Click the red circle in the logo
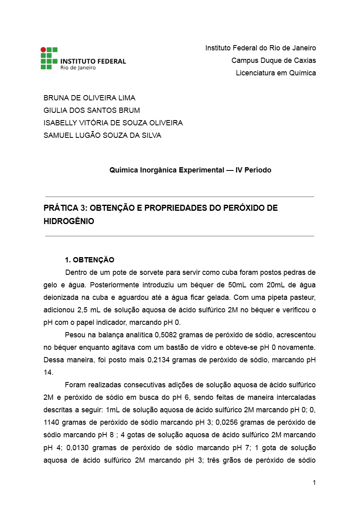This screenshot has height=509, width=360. tap(43, 50)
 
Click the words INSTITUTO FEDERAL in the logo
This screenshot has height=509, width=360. tap(93, 61)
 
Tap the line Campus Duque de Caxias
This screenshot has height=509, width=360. tap(273, 60)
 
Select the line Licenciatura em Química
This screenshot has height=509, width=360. tap(276, 73)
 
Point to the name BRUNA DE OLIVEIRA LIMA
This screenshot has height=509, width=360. tap(89, 98)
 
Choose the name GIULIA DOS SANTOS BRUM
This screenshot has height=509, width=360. tap(92, 110)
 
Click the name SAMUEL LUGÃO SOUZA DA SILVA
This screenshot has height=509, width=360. tap(102, 135)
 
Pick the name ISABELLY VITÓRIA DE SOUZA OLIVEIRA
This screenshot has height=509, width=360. tap(113, 123)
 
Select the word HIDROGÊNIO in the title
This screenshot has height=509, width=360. tap(69, 221)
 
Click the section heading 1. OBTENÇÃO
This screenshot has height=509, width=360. tap(89, 260)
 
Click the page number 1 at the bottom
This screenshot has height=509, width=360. tap(314, 483)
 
